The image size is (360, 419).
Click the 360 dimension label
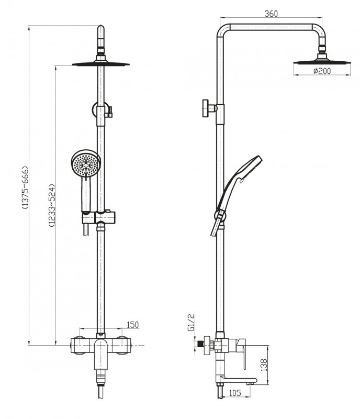click(271, 14)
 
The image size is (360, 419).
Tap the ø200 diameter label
click(322, 72)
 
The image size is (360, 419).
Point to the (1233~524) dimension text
click(51, 205)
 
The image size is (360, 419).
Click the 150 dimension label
click(133, 325)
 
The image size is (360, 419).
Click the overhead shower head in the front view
click(102, 64)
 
